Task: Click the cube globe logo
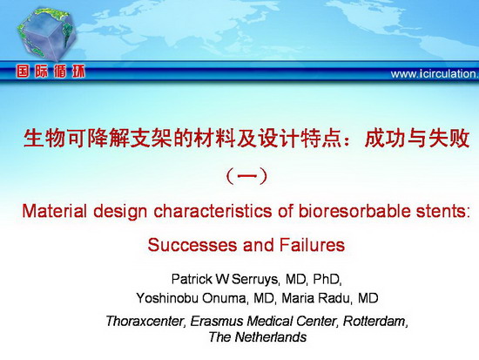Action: [x=46, y=34]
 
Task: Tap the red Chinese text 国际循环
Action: [x=51, y=71]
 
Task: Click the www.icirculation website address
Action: [x=435, y=74]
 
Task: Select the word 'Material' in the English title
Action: [x=54, y=211]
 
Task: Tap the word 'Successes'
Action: [x=192, y=245]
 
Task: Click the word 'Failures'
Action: [x=312, y=245]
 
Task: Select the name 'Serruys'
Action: [x=254, y=279]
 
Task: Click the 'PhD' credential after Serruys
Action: [x=326, y=279]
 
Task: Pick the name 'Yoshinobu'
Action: [x=167, y=298]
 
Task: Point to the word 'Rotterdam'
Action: [x=374, y=321]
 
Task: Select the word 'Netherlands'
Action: [x=271, y=337]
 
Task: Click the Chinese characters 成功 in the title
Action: [x=385, y=138]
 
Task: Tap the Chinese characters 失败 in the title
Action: [x=449, y=138]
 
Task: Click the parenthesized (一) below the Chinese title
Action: [x=246, y=176]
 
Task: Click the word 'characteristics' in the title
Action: [x=213, y=211]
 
